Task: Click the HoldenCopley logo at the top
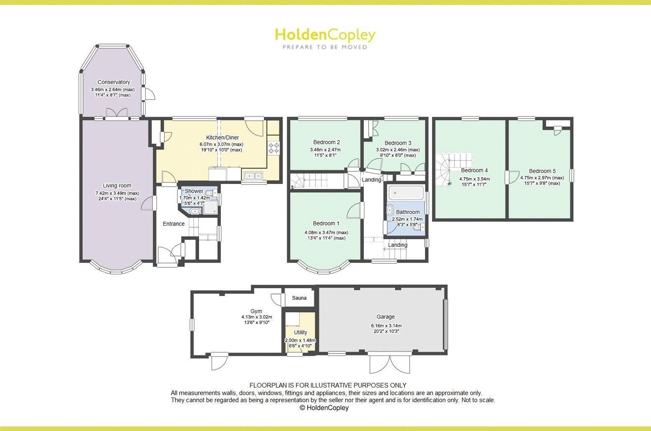(x=325, y=35)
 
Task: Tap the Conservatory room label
(x=114, y=82)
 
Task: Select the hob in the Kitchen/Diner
(x=274, y=148)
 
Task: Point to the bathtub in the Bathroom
(x=406, y=193)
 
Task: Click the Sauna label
(x=299, y=298)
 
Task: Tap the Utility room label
(x=300, y=332)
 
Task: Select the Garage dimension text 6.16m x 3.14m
(x=385, y=326)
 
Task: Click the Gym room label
(x=256, y=311)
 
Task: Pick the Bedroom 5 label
(x=542, y=171)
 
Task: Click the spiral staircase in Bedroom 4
(x=444, y=169)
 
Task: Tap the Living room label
(x=117, y=186)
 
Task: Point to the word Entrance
(x=174, y=224)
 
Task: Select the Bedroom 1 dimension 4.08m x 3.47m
(x=326, y=232)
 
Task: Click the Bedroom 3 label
(x=398, y=143)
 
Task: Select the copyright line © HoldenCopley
(x=324, y=408)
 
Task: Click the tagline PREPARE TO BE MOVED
(x=325, y=47)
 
